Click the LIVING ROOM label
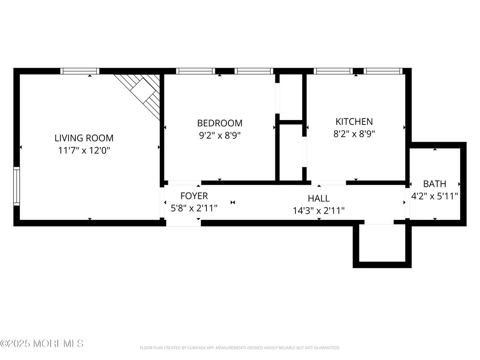[84, 138]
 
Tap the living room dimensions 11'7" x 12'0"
[84, 150]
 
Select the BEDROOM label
[220, 123]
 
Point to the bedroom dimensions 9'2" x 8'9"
[220, 135]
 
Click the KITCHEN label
[354, 121]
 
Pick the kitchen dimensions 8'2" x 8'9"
[354, 133]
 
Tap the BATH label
[434, 184]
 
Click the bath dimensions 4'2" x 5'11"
[434, 196]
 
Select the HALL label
[318, 198]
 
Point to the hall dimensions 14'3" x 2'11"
[318, 210]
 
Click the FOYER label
[194, 196]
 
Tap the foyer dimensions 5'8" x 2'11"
[194, 208]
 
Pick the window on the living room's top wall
[80, 71]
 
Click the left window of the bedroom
[195, 71]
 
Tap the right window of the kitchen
[383, 71]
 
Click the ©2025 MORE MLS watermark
[42, 344]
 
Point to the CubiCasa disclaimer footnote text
[240, 347]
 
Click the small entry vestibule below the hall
[382, 244]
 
